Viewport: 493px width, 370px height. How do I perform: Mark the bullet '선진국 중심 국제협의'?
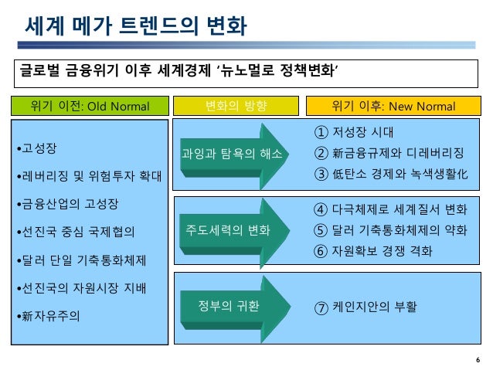tap(77, 232)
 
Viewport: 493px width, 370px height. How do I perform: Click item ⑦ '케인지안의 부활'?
tap(365, 307)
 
